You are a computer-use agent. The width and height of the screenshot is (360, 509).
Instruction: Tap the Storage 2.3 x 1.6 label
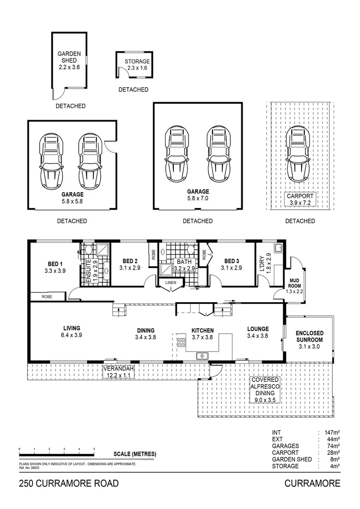(137, 65)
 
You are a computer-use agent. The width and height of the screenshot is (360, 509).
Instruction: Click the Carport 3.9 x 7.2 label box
(300, 199)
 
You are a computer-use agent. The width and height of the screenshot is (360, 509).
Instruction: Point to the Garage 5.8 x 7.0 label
(198, 195)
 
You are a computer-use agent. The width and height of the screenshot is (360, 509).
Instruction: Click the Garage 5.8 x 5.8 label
(72, 197)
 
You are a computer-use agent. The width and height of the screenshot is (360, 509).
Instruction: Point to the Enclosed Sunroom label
(309, 339)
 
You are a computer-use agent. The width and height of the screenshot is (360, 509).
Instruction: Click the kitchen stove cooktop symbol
(181, 343)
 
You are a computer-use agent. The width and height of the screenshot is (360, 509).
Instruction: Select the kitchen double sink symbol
(203, 356)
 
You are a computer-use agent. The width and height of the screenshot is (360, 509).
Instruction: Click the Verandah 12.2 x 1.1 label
(119, 371)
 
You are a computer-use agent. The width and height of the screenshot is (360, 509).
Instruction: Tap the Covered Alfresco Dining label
(264, 389)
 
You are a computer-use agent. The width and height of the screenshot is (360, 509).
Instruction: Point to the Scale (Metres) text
(135, 454)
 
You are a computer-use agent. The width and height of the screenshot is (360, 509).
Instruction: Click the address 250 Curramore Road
(69, 484)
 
